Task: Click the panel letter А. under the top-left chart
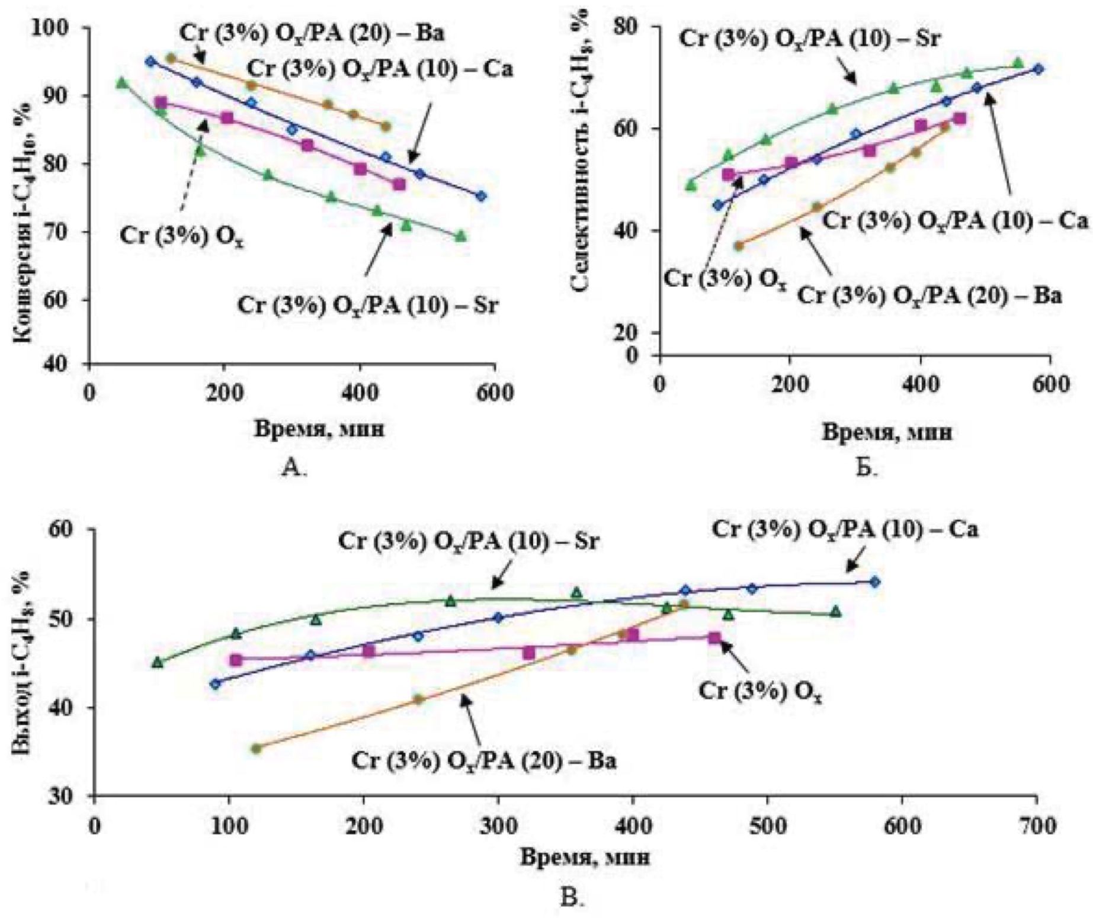294,468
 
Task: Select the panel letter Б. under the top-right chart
866,468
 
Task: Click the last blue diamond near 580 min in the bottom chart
875,582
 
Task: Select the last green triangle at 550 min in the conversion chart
460,236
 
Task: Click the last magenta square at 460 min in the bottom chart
715,638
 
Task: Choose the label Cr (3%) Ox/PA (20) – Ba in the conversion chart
312,34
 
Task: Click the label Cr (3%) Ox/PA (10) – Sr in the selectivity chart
810,38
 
